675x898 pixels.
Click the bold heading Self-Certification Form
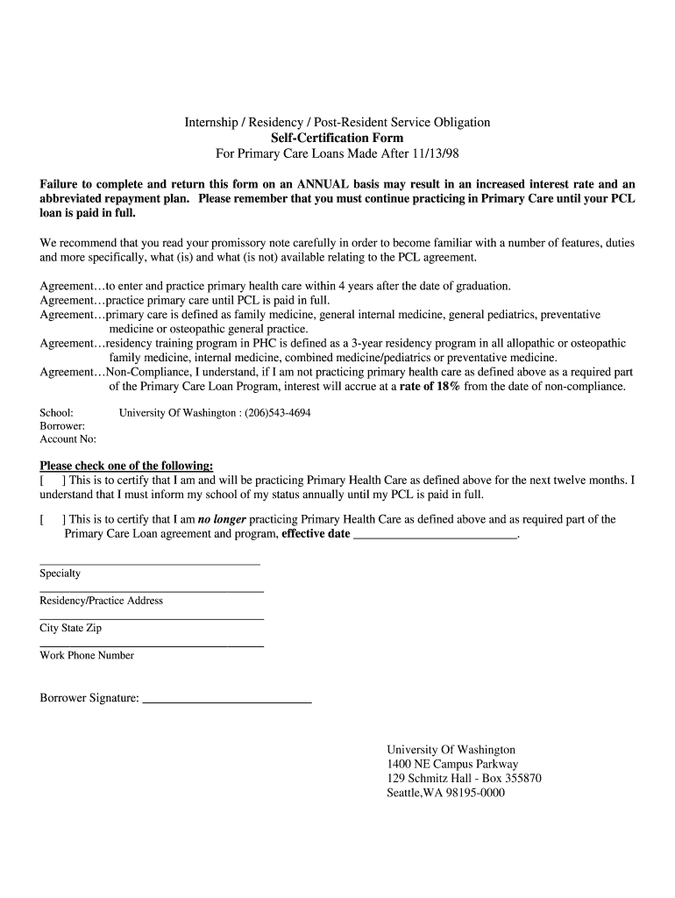(x=337, y=139)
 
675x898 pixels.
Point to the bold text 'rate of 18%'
(x=430, y=387)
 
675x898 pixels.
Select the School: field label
(x=56, y=412)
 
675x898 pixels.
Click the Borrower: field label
(x=62, y=425)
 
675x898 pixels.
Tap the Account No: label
(x=67, y=439)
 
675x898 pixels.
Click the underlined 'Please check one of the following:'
(x=126, y=466)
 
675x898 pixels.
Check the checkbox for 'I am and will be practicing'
(x=51, y=481)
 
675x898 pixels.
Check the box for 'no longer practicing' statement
(x=51, y=519)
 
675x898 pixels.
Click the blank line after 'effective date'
(x=435, y=534)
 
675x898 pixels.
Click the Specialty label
(x=60, y=574)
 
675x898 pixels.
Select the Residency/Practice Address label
(x=101, y=601)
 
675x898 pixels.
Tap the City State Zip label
(x=70, y=628)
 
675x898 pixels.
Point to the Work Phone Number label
(x=87, y=655)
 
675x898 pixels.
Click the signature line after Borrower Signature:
(x=226, y=699)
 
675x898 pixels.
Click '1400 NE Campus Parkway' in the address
(x=452, y=764)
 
